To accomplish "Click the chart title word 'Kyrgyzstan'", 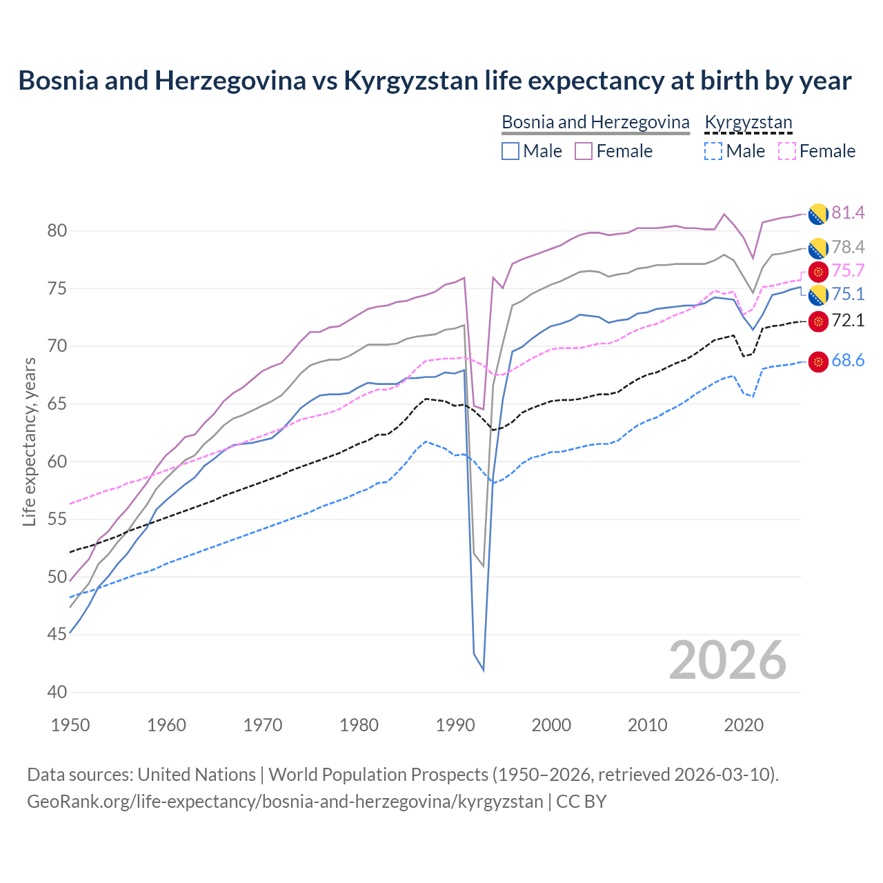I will click(410, 81).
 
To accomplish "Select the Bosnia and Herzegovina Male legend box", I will click(510, 151).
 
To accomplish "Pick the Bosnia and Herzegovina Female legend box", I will click(584, 151).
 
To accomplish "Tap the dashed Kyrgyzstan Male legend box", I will click(713, 151).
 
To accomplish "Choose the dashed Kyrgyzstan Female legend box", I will click(786, 151).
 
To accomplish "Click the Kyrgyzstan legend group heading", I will click(748, 122).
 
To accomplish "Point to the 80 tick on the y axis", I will click(57, 231).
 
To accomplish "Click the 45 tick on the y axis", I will click(57, 635).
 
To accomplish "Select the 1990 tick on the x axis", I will click(455, 725).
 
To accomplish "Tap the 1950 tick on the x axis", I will click(70, 725).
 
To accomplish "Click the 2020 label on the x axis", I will click(744, 725).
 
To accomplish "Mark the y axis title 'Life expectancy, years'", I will click(29, 441).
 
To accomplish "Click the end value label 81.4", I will click(848, 212).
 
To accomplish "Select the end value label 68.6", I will click(848, 361).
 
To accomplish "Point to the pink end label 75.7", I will click(848, 270).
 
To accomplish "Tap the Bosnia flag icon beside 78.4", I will click(818, 248).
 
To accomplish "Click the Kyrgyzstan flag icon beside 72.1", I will click(818, 321).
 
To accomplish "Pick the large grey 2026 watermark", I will click(727, 660).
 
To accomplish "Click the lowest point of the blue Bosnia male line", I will click(483, 670).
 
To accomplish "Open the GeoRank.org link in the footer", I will click(284, 802).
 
